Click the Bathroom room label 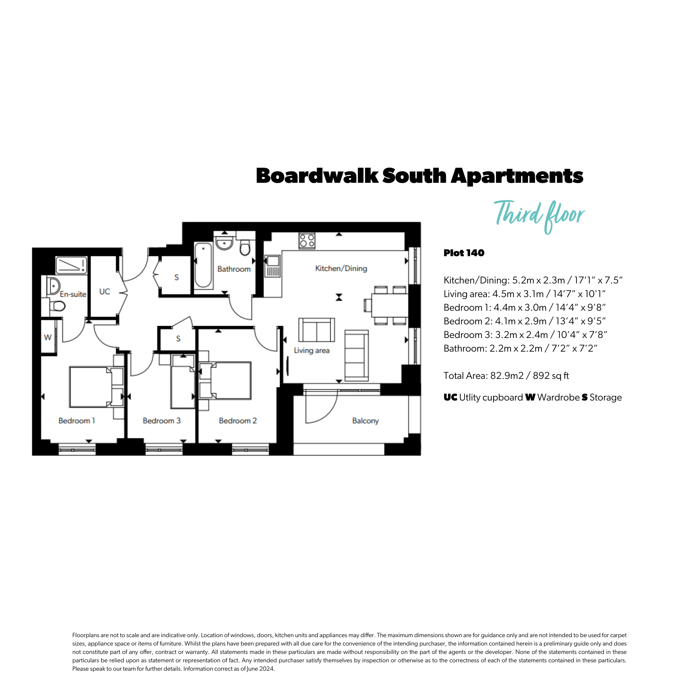[x=234, y=269]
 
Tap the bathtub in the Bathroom [x=203, y=265]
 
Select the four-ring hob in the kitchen [x=307, y=240]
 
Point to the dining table [x=390, y=305]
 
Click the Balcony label [x=366, y=420]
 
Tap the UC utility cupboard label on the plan [x=105, y=291]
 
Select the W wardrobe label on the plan [x=48, y=337]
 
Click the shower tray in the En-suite [x=71, y=265]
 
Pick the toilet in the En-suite [x=57, y=306]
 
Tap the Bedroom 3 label [x=161, y=420]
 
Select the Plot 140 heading [x=464, y=253]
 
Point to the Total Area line [x=506, y=376]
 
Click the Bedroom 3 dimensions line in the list [x=525, y=335]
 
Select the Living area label [x=311, y=350]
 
